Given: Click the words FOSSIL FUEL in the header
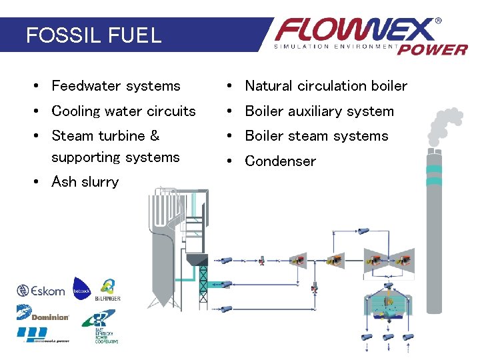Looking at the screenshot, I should pyautogui.click(x=93, y=35).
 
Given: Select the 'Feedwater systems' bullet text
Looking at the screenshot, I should pyautogui.click(x=116, y=86).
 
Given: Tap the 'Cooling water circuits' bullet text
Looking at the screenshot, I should pyautogui.click(x=123, y=111).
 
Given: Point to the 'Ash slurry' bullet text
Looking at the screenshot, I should pyautogui.click(x=85, y=182).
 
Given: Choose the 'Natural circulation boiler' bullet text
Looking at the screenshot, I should pyautogui.click(x=326, y=86).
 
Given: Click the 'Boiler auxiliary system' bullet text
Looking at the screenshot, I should pyautogui.click(x=319, y=111).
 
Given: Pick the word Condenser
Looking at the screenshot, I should pyautogui.click(x=281, y=161).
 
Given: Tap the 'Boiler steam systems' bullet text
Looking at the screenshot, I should pyautogui.click(x=317, y=136).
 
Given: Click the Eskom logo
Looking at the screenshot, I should pyautogui.click(x=41, y=291).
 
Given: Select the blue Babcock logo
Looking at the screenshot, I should pyautogui.click(x=81, y=289).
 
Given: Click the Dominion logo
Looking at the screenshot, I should pyautogui.click(x=42, y=313).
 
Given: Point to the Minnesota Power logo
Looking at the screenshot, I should pyautogui.click(x=42, y=334).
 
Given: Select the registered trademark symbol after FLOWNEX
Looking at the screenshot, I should pyautogui.click(x=438, y=21).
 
